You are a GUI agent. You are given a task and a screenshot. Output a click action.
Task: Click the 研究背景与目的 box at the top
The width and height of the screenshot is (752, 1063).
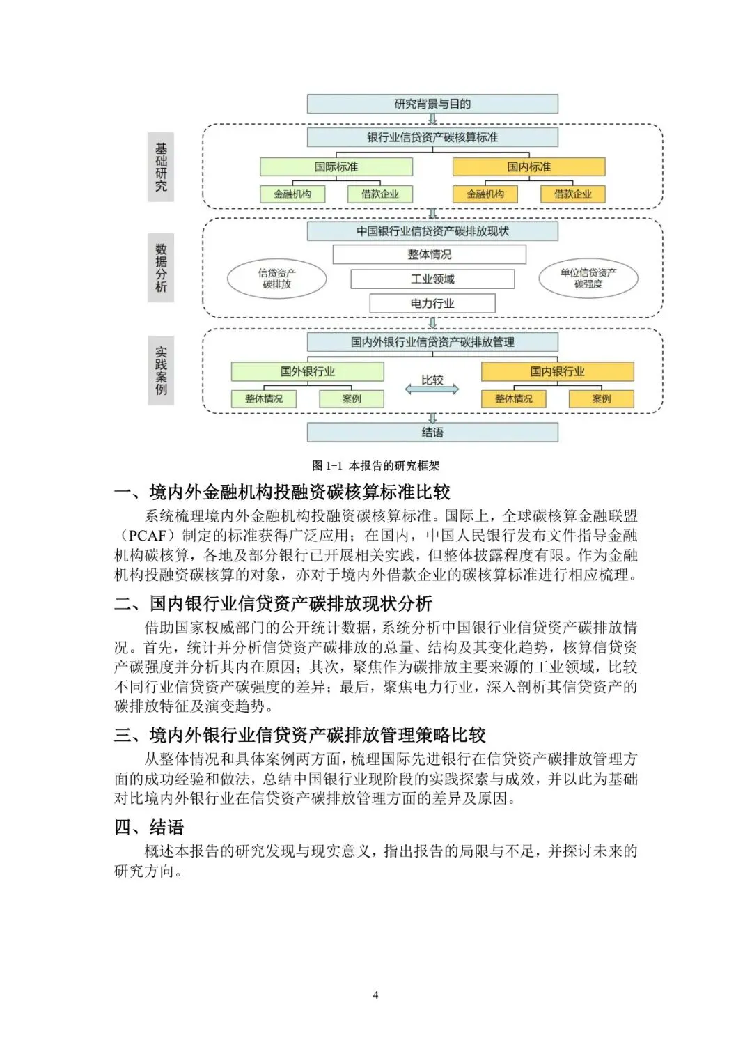pyautogui.click(x=432, y=104)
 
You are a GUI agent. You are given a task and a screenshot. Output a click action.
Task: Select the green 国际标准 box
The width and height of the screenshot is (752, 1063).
pyautogui.click(x=336, y=167)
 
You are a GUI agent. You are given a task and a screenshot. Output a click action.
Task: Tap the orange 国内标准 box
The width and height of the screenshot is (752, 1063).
pyautogui.click(x=528, y=167)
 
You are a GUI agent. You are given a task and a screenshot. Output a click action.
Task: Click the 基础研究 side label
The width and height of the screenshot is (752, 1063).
pyautogui.click(x=161, y=168)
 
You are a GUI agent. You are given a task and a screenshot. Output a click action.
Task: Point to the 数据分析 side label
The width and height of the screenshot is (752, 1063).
pyautogui.click(x=161, y=267)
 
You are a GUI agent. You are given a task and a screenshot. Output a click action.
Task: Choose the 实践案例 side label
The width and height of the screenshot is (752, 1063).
pyautogui.click(x=161, y=371)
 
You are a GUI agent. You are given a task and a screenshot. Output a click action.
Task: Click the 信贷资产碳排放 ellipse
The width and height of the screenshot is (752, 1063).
pyautogui.click(x=277, y=279)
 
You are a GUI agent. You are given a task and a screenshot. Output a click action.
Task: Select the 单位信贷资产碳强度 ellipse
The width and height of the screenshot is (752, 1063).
pyautogui.click(x=588, y=278)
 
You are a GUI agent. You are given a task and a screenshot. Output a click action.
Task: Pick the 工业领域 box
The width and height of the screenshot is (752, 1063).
pyautogui.click(x=432, y=279)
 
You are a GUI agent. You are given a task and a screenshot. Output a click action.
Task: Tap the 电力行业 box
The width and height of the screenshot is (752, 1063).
pyautogui.click(x=432, y=304)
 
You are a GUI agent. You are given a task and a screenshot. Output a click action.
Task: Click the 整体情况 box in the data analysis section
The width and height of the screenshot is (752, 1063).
pyautogui.click(x=429, y=255)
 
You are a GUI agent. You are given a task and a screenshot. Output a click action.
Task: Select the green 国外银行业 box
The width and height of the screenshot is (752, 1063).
pyautogui.click(x=307, y=372)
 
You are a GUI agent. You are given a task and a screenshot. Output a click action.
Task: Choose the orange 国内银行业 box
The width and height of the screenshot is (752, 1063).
pyautogui.click(x=557, y=372)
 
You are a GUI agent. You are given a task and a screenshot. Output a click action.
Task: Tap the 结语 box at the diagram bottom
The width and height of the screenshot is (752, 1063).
pyautogui.click(x=432, y=433)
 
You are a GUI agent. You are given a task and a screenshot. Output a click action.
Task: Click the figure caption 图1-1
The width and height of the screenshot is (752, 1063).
pyautogui.click(x=376, y=466)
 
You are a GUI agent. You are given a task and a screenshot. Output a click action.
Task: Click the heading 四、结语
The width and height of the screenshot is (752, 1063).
pyautogui.click(x=149, y=828)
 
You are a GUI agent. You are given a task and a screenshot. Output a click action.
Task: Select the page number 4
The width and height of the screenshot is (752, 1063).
pyautogui.click(x=376, y=995)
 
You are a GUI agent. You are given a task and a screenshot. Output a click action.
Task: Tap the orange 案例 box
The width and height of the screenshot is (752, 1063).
pyautogui.click(x=601, y=399)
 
